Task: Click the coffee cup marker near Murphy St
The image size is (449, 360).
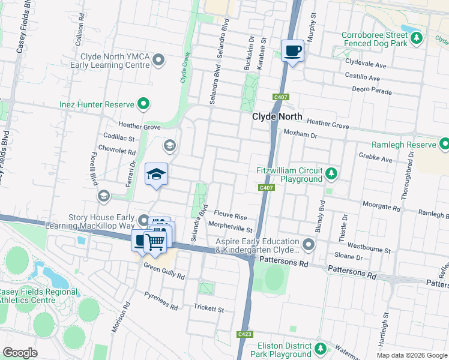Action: pyautogui.click(x=292, y=52)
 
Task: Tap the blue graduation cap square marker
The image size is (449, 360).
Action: pyautogui.click(x=157, y=175)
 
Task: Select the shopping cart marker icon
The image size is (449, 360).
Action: pyautogui.click(x=155, y=241)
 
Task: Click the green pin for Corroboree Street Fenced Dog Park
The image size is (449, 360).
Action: pyautogui.click(x=417, y=38)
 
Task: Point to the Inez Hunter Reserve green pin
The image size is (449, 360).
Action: pyautogui.click(x=143, y=104)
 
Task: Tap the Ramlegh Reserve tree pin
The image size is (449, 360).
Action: pyautogui.click(x=444, y=145)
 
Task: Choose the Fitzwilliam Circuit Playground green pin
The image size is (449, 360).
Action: pyautogui.click(x=331, y=174)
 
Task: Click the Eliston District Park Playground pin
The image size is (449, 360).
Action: pyautogui.click(x=321, y=349)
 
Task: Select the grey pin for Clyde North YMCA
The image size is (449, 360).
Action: pyautogui.click(x=158, y=59)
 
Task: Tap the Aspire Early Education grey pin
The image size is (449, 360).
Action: pyautogui.click(x=309, y=245)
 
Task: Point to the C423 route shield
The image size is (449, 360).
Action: pyautogui.click(x=244, y=334)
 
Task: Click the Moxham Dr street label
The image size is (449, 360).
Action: pyautogui.click(x=300, y=134)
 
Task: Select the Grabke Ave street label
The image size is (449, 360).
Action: pyautogui.click(x=376, y=160)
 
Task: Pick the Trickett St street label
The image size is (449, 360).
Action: pyautogui.click(x=208, y=309)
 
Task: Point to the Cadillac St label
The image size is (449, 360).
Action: pyautogui.click(x=118, y=137)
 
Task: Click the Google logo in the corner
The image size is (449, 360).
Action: pyautogui.click(x=20, y=352)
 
